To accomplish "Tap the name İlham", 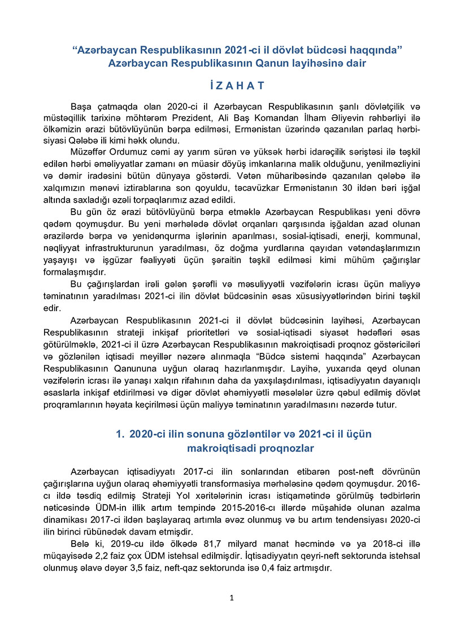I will point(345,118).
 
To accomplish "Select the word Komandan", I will point(311,118).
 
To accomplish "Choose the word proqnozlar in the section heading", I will point(284,448).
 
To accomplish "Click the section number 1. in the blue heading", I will point(120,434).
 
